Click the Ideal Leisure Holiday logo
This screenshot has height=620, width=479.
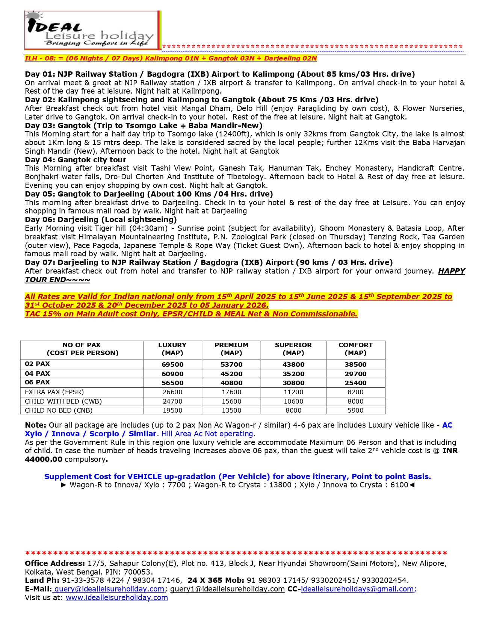coord(92,30)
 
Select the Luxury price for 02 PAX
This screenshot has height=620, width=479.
coord(172,364)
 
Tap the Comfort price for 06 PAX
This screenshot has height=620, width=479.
coord(355,383)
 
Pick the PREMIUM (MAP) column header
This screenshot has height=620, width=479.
coord(231,349)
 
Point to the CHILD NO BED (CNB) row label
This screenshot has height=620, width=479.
coord(59,410)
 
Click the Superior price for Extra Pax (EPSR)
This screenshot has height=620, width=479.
coord(293,392)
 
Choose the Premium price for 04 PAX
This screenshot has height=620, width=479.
coord(231,374)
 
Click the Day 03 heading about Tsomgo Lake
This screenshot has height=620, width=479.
coord(144,126)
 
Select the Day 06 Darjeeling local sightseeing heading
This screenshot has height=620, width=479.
coord(101,219)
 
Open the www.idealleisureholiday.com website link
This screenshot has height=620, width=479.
coord(117,597)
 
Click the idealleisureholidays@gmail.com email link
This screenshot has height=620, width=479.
coord(357,589)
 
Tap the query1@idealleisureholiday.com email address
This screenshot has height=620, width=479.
coord(227,589)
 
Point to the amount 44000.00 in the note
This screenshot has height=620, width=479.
coord(44,459)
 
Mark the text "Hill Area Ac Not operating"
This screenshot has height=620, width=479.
coord(207,434)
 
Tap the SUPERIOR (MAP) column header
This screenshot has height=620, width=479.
coord(293,349)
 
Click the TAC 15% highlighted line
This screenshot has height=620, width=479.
coord(191,314)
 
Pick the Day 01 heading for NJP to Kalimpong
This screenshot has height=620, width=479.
coord(220,74)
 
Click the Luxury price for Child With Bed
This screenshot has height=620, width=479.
coord(172,401)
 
